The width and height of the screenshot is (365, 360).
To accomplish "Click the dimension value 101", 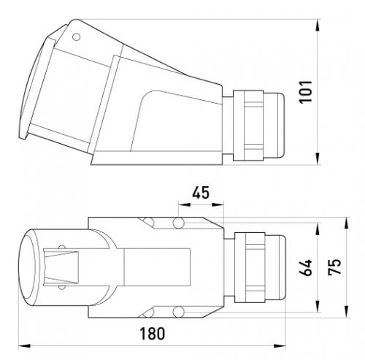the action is tap(306, 92).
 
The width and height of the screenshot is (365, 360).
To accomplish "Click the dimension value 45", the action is tap(201, 193).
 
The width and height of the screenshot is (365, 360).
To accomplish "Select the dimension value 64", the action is tap(305, 267).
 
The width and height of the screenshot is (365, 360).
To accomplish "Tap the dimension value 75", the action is tap(334, 267).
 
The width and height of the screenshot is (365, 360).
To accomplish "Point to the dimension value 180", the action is tap(153, 334).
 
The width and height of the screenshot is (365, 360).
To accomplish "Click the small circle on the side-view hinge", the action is tap(76, 37).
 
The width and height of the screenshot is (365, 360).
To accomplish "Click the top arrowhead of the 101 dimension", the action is tap(318, 25).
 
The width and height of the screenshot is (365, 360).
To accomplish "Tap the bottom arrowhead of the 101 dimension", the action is tap(318, 159).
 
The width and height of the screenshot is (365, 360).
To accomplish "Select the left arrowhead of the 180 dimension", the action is tap(24, 345).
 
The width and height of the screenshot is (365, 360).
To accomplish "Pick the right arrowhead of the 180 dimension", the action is tap(280, 345).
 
